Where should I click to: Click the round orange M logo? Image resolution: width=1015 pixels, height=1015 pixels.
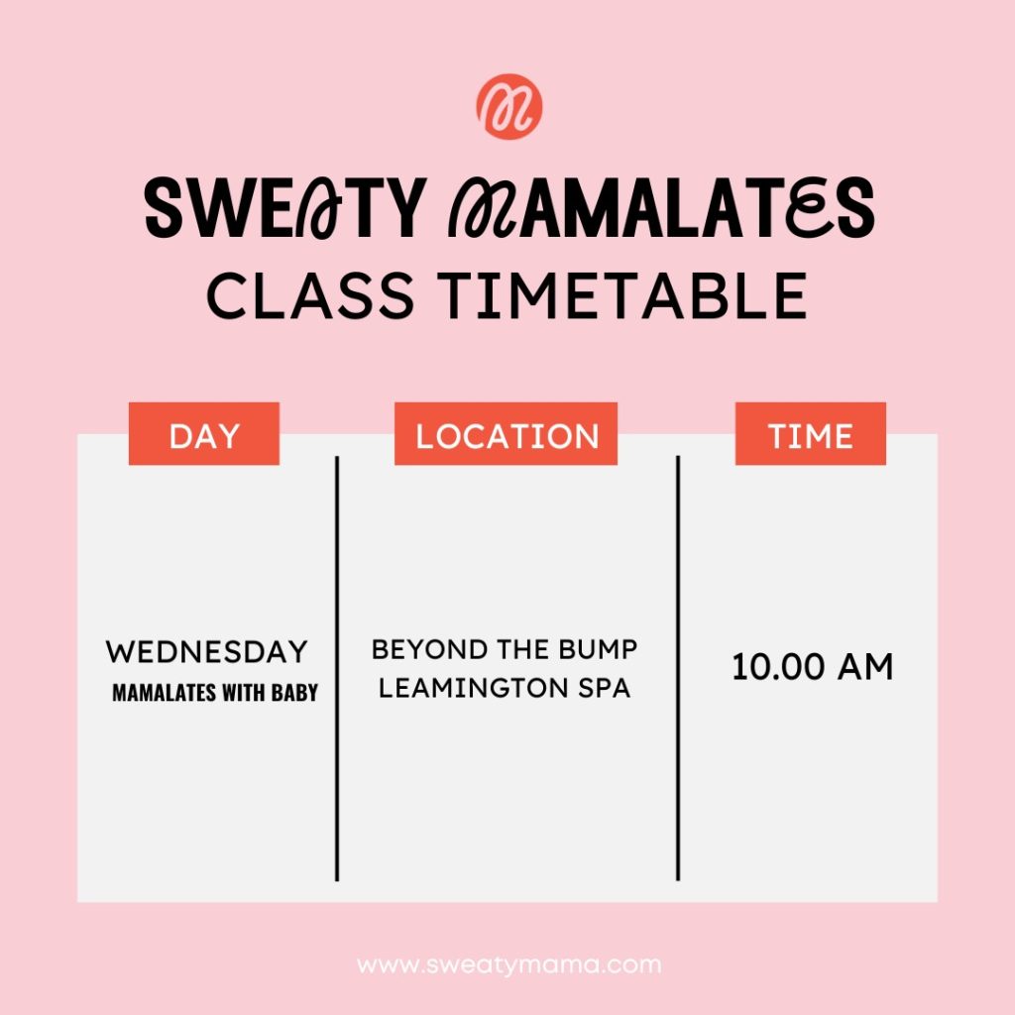click(509, 107)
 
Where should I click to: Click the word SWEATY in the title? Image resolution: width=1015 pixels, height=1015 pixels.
click(285, 208)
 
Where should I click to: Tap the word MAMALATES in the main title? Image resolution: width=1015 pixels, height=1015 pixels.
click(662, 208)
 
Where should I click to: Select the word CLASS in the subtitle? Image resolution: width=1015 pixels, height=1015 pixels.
click(310, 295)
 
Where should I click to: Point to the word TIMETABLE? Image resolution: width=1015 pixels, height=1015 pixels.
click(622, 295)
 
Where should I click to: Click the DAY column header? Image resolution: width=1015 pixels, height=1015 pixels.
click(204, 434)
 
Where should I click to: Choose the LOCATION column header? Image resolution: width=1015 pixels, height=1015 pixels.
click(507, 434)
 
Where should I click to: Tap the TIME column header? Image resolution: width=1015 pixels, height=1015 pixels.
click(811, 434)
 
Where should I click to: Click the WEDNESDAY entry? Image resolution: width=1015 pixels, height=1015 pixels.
click(206, 652)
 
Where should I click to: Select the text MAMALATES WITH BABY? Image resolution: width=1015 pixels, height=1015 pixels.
click(215, 693)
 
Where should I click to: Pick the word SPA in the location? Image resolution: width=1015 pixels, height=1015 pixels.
click(604, 688)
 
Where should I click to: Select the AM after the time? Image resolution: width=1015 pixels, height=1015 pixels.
click(865, 667)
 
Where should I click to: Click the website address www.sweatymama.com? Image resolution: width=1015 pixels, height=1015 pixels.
click(508, 965)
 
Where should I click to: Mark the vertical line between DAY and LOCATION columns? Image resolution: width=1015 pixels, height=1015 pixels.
click(337, 668)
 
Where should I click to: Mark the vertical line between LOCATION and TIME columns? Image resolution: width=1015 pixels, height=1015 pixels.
click(678, 668)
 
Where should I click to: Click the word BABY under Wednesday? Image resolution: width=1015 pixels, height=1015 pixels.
click(294, 693)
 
